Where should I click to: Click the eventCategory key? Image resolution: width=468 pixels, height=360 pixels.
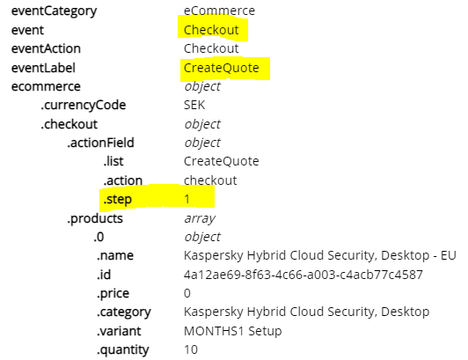pos(54,11)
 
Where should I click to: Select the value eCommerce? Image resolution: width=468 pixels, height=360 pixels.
pos(219,11)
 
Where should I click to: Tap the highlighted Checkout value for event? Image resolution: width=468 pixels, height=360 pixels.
pos(211,30)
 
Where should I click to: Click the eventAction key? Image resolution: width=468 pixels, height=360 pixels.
pos(46,48)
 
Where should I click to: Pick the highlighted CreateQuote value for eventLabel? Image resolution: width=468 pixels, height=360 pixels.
pos(222,68)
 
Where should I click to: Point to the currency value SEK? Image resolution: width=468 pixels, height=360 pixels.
pos(194,105)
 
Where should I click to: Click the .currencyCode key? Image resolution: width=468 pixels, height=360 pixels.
pos(84,106)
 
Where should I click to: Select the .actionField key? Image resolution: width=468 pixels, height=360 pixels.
pos(100,143)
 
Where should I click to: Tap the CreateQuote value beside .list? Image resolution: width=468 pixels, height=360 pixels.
pos(222,161)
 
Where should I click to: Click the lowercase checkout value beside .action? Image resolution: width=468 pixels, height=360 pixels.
pos(210,180)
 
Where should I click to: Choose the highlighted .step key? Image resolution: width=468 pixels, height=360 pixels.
pos(117,200)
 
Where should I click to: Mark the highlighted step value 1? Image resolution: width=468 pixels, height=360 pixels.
pos(186,199)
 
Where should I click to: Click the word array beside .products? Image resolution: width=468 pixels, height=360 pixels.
pos(200,218)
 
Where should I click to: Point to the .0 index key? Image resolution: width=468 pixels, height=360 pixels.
pos(99,237)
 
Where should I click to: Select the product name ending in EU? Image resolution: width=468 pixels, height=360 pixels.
pos(320,256)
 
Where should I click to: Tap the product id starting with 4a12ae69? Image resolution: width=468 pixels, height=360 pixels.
pos(303,275)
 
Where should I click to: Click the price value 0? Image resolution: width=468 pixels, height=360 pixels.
pos(187,293)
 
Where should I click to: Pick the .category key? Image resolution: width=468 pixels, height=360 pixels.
pos(124,312)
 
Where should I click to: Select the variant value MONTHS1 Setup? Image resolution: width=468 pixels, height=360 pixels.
pos(233,331)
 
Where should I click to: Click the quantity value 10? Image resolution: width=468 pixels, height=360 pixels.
pos(191,349)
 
